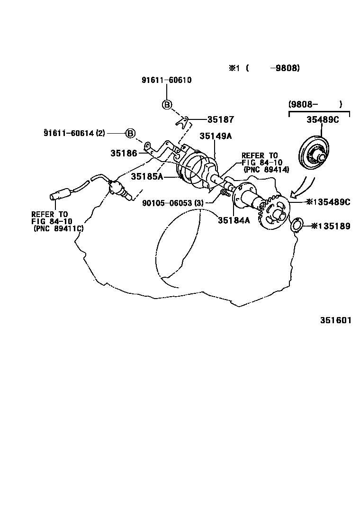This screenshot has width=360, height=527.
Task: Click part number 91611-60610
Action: click(x=166, y=80)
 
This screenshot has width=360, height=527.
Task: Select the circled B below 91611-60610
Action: click(x=167, y=105)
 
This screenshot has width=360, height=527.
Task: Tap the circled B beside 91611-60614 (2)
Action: click(x=131, y=133)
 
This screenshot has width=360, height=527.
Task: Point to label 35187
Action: click(x=220, y=120)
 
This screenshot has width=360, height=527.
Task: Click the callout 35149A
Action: click(x=216, y=136)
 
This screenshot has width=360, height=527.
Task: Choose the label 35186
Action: click(x=124, y=153)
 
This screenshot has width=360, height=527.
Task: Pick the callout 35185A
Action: click(x=147, y=176)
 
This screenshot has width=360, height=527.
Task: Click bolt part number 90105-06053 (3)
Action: click(x=172, y=203)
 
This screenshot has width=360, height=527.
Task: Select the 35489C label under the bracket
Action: click(x=323, y=120)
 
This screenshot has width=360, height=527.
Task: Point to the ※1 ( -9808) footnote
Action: click(x=264, y=68)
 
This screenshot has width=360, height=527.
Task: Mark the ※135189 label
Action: click(x=331, y=226)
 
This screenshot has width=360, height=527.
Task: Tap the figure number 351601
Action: click(x=335, y=320)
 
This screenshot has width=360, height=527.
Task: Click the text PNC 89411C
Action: click(x=58, y=228)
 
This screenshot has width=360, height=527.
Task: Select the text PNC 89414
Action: click(x=266, y=169)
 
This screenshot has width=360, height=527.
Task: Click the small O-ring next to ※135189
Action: click(x=296, y=225)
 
